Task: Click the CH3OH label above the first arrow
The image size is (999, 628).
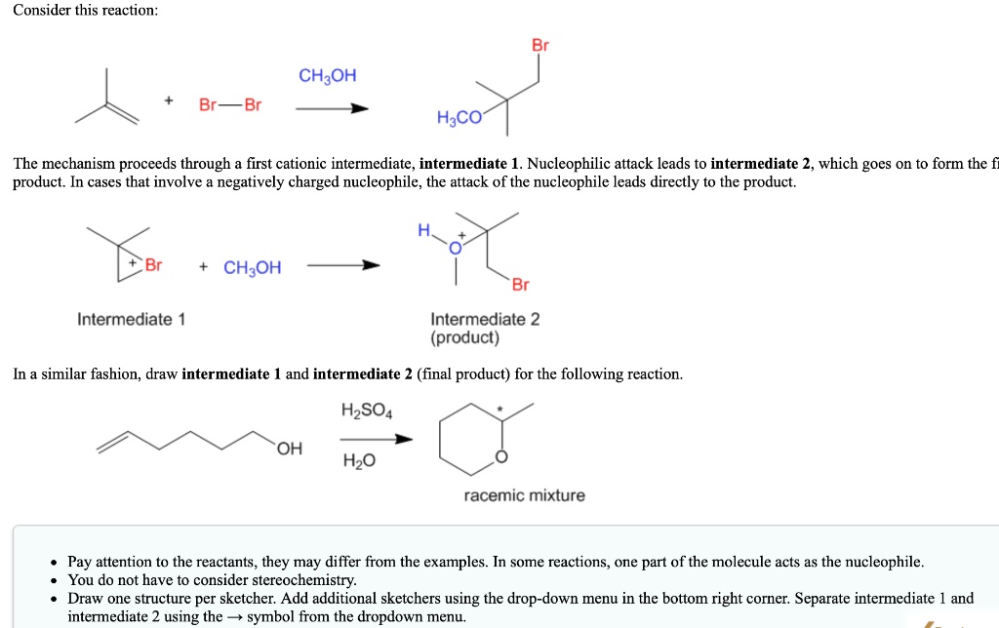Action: (x=328, y=76)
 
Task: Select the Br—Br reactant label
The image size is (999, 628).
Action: (x=230, y=104)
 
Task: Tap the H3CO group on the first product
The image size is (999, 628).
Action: (x=459, y=119)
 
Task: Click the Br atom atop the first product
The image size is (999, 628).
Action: (x=539, y=45)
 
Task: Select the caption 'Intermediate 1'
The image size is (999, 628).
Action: (x=132, y=319)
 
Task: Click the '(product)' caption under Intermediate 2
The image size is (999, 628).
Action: (x=464, y=337)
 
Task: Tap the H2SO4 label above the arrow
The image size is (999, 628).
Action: (x=367, y=410)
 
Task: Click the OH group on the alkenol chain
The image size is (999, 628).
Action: (x=290, y=449)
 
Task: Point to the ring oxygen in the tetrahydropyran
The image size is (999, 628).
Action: (x=501, y=456)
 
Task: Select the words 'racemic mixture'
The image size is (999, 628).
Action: (x=525, y=495)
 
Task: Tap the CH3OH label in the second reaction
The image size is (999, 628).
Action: (x=252, y=267)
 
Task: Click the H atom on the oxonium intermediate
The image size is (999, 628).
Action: (x=423, y=231)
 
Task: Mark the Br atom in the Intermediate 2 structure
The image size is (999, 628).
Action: (x=520, y=285)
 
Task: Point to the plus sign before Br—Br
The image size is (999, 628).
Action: (x=169, y=100)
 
